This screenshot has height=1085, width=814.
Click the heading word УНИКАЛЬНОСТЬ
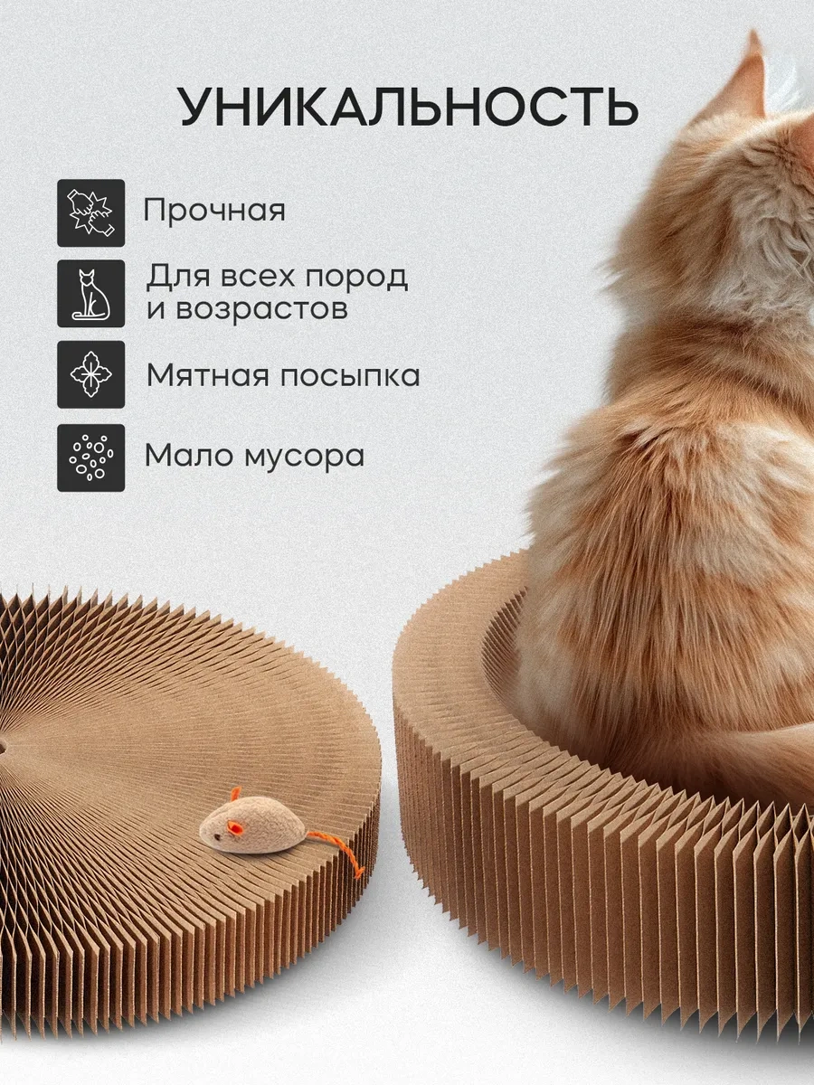click(x=408, y=108)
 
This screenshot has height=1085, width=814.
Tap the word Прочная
click(x=214, y=211)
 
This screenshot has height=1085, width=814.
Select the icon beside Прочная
click(x=90, y=212)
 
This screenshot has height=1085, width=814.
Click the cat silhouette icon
click(x=90, y=294)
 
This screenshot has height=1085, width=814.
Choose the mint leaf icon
click(x=90, y=374)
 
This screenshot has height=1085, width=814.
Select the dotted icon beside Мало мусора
click(x=90, y=457)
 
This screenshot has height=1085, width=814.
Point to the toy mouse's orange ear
click(x=234, y=795)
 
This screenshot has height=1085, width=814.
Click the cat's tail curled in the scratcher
click(x=724, y=769)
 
